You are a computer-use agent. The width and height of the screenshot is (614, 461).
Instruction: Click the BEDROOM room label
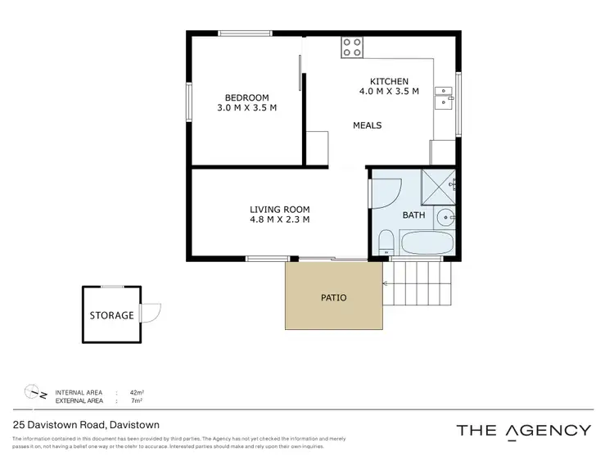[246, 96]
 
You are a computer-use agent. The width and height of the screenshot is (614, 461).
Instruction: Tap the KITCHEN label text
[389, 81]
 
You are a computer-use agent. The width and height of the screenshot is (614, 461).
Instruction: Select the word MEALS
[367, 125]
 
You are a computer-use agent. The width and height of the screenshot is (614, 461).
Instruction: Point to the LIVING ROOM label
[279, 209]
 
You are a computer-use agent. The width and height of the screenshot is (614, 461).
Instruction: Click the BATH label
[413, 215]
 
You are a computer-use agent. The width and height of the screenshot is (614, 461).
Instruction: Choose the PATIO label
[333, 297]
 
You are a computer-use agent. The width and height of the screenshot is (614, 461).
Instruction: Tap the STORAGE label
[111, 315]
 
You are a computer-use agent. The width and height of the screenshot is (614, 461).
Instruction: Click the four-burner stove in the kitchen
[352, 47]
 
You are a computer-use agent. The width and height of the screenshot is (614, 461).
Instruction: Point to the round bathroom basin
[445, 218]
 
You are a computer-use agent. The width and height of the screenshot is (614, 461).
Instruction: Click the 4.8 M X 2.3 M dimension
[279, 219]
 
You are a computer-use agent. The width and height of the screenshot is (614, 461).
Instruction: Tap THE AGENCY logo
[522, 430]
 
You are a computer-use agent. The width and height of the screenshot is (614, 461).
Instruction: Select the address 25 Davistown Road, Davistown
[86, 425]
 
